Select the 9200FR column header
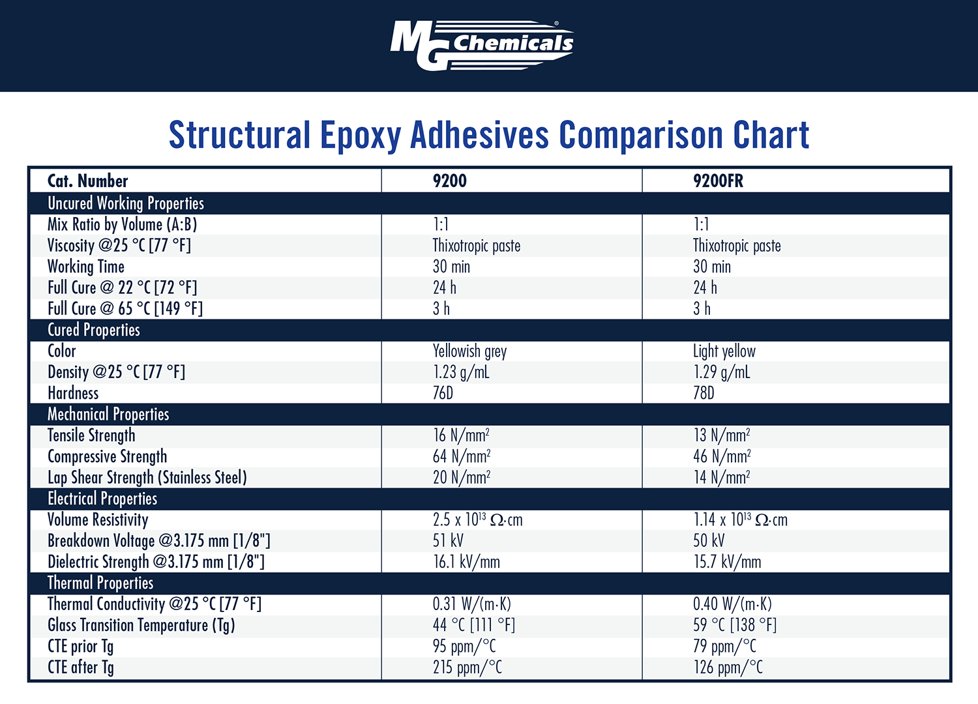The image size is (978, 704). coord(718,181)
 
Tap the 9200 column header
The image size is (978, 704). coord(450,181)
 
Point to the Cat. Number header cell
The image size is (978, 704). coord(88,181)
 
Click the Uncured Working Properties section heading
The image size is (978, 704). coord(126,203)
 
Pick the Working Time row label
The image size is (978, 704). coord(86,267)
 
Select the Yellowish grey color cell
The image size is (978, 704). coord(469,351)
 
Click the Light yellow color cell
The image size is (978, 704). coord(724,351)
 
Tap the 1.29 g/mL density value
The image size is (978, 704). coord(721,372)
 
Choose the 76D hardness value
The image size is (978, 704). coord(443,393)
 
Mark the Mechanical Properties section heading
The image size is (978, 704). coord(108,415)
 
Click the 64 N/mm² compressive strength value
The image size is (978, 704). coord(461,456)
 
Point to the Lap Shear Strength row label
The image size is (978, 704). coord(147,478)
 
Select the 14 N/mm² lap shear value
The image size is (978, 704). coord(721,478)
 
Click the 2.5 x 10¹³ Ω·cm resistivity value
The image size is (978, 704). coord(477,520)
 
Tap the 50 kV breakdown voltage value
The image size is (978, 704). coord(709,540)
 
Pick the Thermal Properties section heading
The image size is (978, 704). coord(100,583)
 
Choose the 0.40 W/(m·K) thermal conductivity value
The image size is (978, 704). coord(732,604)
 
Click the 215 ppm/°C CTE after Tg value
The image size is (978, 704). coord(467,667)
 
